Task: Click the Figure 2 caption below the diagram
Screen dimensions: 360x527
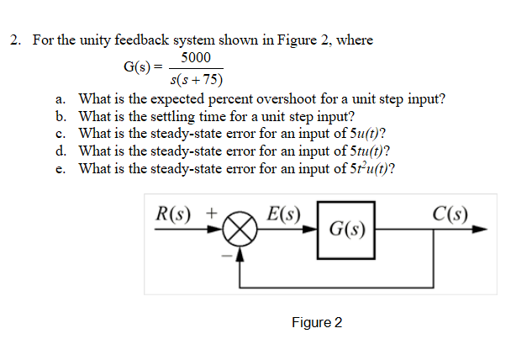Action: (x=317, y=323)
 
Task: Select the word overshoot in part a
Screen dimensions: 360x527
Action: (x=279, y=98)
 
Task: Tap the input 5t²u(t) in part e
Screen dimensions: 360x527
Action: (x=365, y=168)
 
